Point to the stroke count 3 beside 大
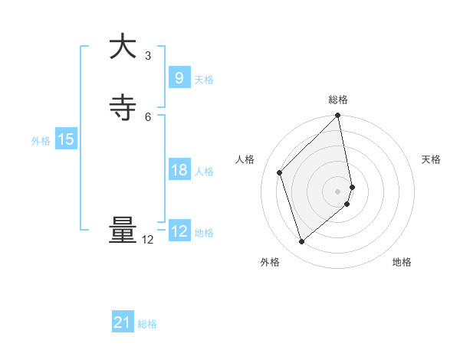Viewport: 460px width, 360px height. click(148, 56)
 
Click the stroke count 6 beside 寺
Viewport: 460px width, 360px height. click(148, 116)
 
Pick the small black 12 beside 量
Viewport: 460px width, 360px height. click(148, 240)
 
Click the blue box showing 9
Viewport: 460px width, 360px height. click(179, 77)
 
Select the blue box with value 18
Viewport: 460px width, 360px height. click(179, 170)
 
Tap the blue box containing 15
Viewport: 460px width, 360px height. click(65, 139)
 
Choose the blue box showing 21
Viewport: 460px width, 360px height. click(123, 322)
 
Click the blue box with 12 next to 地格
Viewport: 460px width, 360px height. click(179, 231)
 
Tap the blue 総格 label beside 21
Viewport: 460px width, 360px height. click(147, 324)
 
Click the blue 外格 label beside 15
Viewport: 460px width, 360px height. click(41, 141)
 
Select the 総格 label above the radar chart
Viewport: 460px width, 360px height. click(338, 100)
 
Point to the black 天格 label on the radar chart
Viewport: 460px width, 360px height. click(432, 159)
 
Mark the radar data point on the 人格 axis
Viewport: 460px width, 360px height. click(280, 172)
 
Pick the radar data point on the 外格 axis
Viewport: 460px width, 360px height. click(301, 242)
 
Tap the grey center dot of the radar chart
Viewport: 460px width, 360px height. click(338, 191)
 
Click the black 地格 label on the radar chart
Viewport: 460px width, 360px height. click(402, 263)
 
